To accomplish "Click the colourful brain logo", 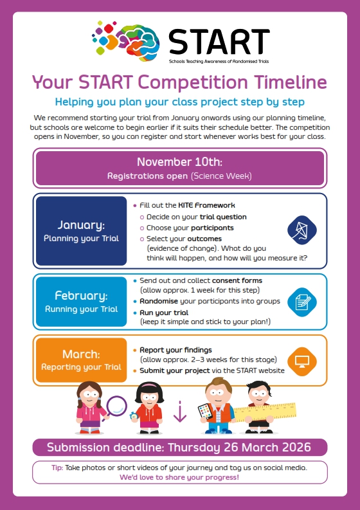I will [x=127, y=40].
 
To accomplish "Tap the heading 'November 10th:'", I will [x=179, y=161].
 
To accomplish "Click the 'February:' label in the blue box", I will [x=81, y=296].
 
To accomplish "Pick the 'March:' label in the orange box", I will [x=81, y=354].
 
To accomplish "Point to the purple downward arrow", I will [x=180, y=412].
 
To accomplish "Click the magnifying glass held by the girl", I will [x=116, y=406].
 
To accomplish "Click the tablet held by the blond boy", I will [x=205, y=411].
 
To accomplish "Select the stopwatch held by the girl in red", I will [x=134, y=415].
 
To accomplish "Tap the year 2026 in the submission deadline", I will [x=295, y=447].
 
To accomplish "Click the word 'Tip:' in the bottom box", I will [x=57, y=468].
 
